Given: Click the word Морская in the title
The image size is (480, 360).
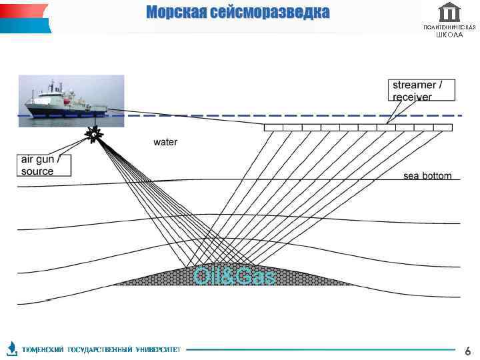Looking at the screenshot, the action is coord(175,13).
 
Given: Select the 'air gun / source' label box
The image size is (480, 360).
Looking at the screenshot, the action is coord(44,165).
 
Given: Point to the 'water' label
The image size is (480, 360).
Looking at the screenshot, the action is coord(165,142).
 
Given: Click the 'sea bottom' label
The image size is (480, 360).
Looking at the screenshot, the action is coord(427,176).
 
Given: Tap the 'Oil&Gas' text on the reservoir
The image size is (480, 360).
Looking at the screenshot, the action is coord(234,276).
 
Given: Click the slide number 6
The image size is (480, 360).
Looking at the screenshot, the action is coord(467,350).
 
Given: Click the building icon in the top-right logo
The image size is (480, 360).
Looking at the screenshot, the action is coord(450,12).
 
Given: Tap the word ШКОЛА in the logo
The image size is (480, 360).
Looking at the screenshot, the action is coord(450,35).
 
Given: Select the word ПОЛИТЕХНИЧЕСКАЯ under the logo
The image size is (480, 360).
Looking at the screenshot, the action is coord(450,27).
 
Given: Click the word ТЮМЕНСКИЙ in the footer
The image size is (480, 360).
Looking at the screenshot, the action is coord(43,349).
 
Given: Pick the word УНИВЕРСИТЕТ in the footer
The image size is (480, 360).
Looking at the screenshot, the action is coord(158,349).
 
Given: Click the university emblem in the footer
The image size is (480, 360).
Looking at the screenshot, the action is coord(12,348).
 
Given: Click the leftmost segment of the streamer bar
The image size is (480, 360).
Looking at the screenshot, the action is coord(274,127).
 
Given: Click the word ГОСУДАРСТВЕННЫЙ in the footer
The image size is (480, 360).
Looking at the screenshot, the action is coord(100,349).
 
